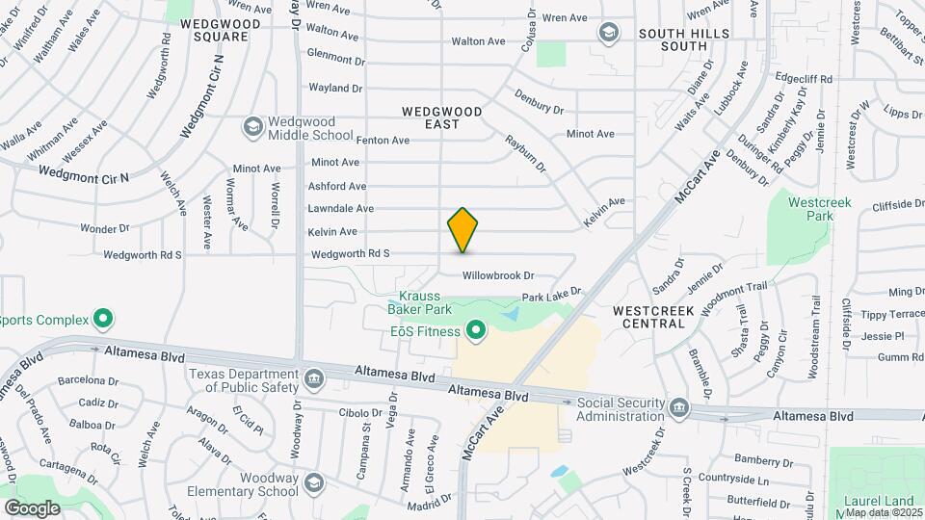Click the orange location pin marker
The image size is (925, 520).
462,229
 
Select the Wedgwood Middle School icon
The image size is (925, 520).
252,127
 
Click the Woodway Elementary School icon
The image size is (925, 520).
313,482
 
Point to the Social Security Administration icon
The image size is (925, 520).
678,408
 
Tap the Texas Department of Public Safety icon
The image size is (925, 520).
313,380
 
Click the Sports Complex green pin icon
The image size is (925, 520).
102,320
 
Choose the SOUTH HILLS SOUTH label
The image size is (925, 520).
686,39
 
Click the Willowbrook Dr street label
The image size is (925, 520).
498,275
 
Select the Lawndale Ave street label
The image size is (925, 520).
340,208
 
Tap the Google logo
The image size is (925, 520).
32,507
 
